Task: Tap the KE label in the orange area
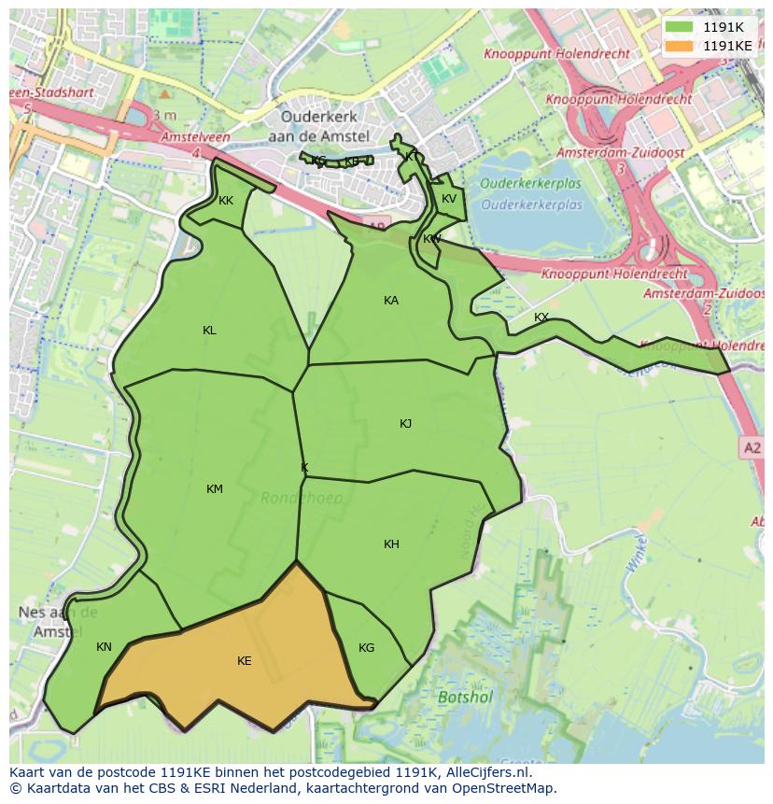(244, 661)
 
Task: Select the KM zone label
(215, 489)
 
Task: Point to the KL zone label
(209, 331)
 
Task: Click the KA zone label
(391, 301)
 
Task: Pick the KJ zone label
(405, 424)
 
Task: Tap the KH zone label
(391, 544)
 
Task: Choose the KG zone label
(366, 648)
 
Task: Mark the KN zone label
(104, 647)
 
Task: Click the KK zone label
(226, 201)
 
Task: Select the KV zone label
(449, 199)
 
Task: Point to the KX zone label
(541, 318)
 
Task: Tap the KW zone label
(431, 240)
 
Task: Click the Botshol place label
(465, 697)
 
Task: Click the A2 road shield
(752, 449)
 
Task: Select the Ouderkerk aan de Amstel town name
(320, 126)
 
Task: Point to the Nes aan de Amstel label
(58, 622)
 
